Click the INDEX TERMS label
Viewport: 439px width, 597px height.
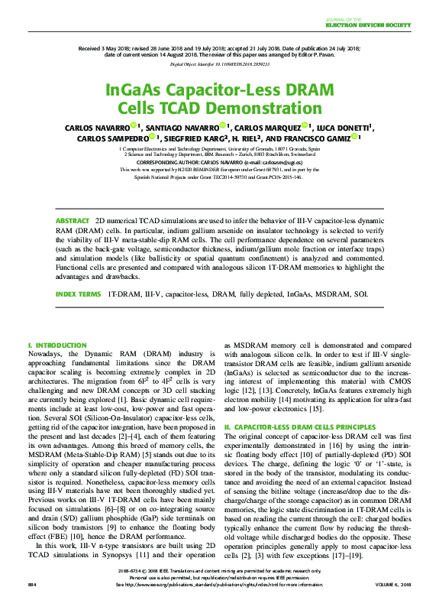pos(78,294)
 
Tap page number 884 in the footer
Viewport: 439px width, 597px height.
pos(32,585)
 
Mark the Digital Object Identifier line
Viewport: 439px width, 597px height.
pos(219,65)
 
